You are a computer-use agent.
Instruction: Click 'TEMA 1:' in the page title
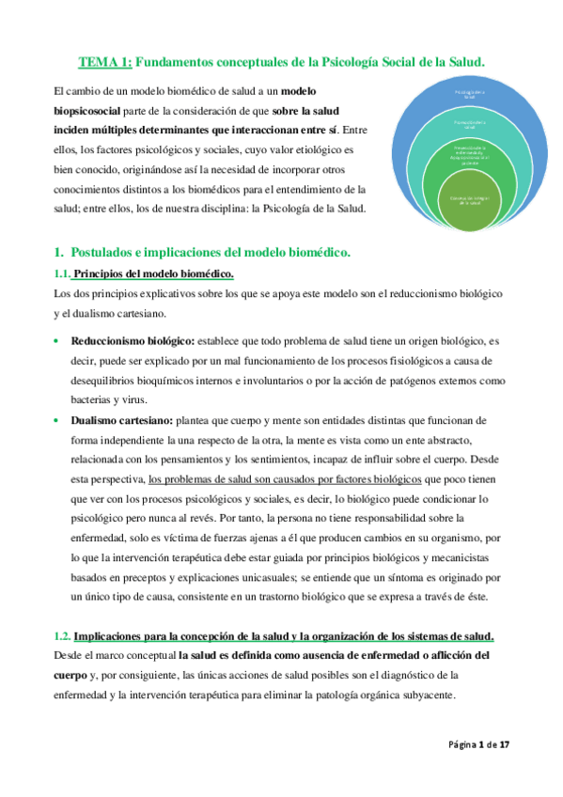pyautogui.click(x=104, y=62)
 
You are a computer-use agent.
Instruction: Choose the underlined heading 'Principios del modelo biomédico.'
pyautogui.click(x=153, y=273)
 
